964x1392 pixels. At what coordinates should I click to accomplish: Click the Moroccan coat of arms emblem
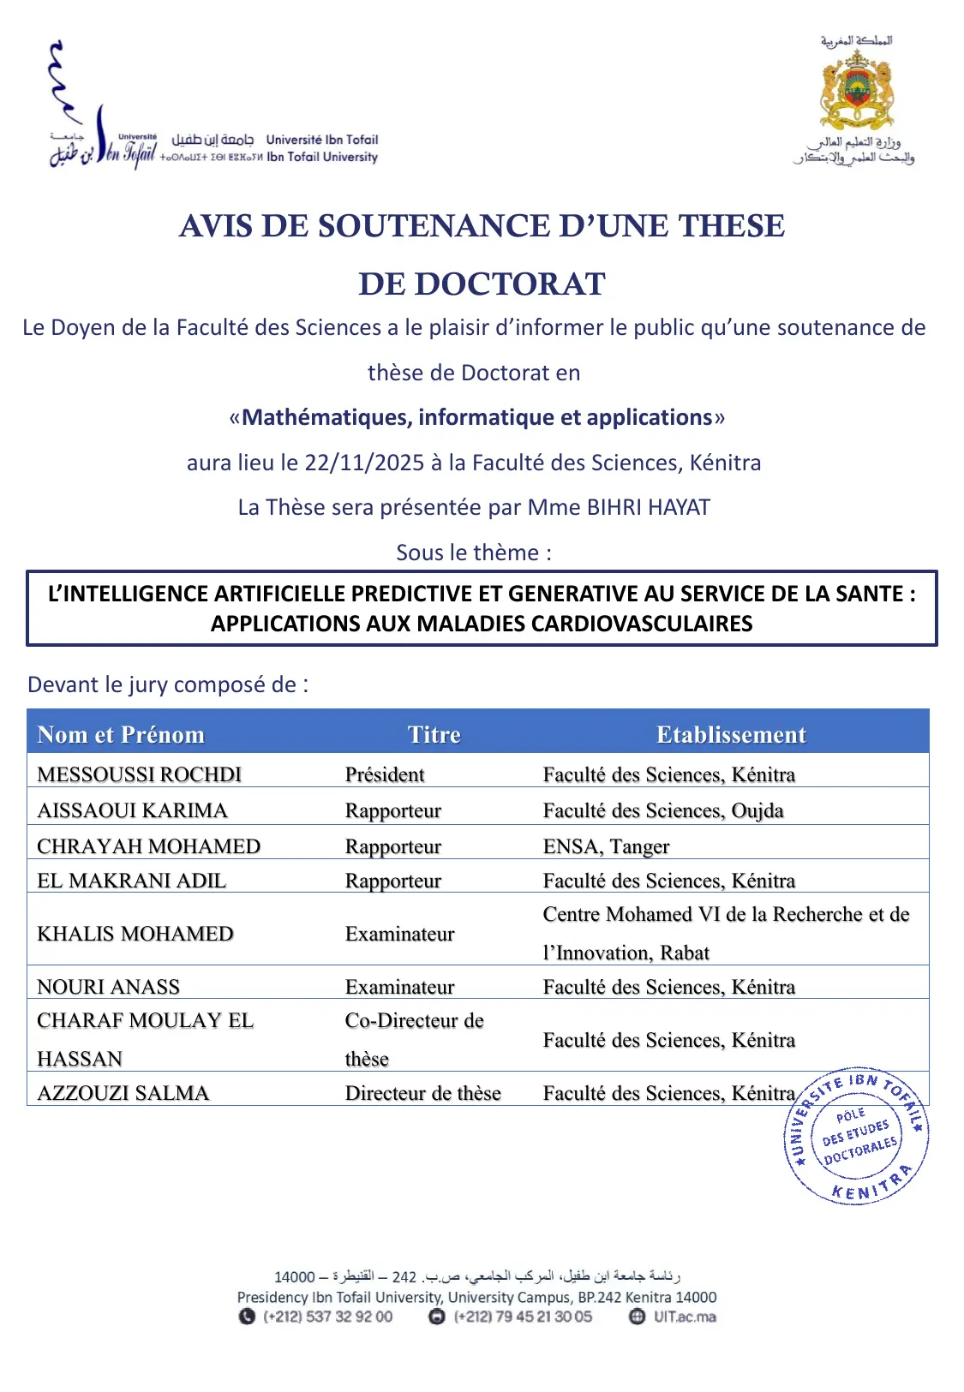pos(857,89)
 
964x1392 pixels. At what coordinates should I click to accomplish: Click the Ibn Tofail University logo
pos(103,107)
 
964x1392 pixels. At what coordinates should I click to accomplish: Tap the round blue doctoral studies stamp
pos(856,1136)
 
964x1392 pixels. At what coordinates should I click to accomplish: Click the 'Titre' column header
pos(434,734)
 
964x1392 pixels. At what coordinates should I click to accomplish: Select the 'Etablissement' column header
pos(731,734)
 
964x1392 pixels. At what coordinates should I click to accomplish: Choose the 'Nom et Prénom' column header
pos(121,734)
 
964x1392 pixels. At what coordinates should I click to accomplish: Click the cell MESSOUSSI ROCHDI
pos(139,774)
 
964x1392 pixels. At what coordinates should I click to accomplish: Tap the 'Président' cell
pos(385,774)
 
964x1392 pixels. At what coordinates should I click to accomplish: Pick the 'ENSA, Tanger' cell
pos(606,846)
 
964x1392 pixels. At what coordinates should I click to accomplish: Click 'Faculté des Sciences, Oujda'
pos(662,810)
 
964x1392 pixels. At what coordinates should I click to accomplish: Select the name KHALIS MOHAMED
pos(135,934)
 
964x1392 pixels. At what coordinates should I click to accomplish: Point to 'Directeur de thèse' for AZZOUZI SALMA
pos(422,1093)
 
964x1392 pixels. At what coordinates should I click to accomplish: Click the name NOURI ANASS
pos(108,987)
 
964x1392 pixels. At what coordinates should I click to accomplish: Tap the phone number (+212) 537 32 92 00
pos(327,1317)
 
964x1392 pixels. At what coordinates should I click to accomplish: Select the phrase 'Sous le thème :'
pos(473,553)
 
